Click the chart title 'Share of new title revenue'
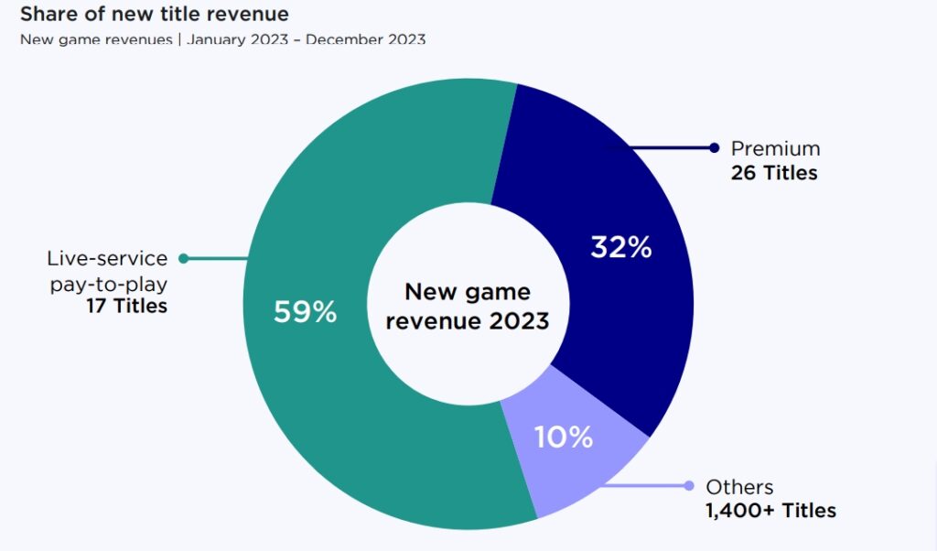[155, 15]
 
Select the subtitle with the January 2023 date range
[222, 40]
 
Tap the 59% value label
[305, 312]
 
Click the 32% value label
[620, 247]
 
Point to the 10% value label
[563, 437]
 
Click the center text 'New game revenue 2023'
[467, 306]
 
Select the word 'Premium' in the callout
[775, 148]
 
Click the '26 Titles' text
[773, 172]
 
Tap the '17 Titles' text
[126, 306]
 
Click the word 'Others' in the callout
[739, 487]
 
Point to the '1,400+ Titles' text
[770, 511]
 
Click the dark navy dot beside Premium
[714, 148]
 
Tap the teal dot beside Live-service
[183, 259]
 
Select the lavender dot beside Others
[687, 486]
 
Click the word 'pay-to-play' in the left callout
[108, 283]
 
